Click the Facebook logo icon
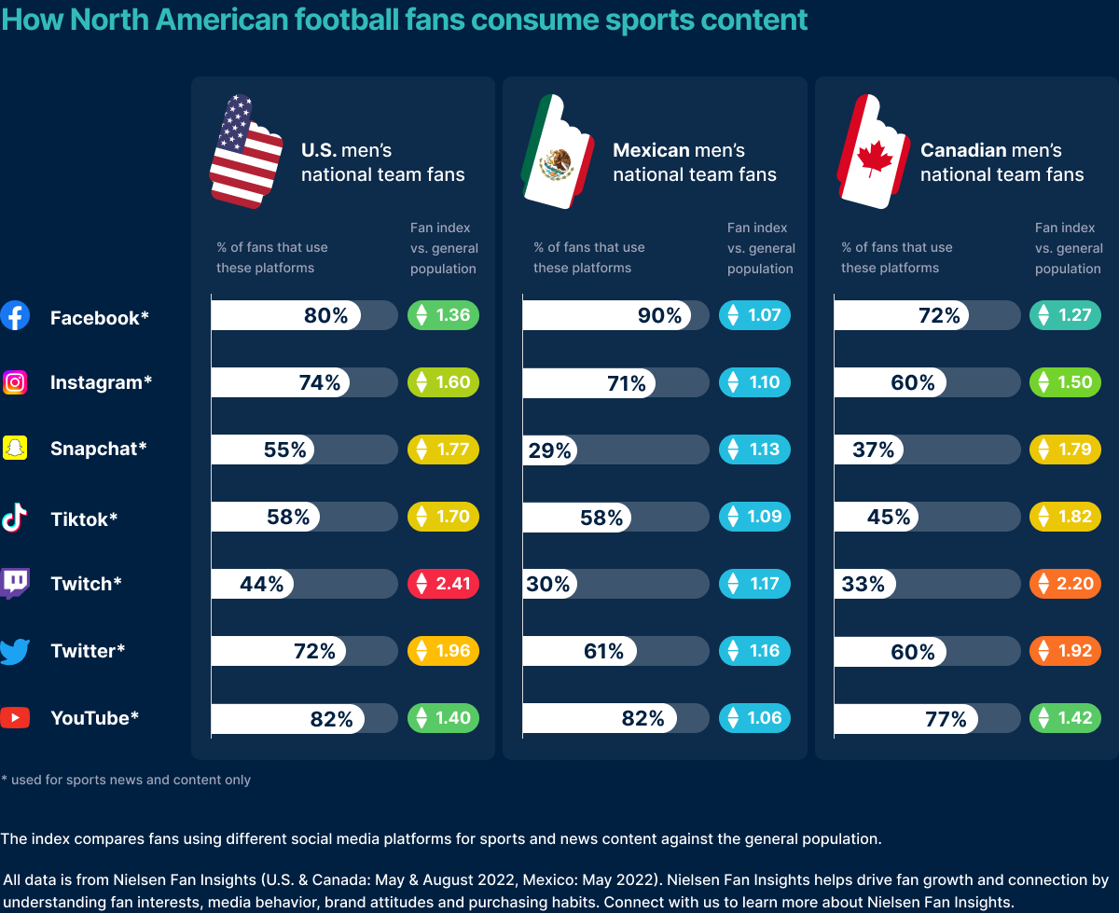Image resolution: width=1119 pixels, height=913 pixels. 15,316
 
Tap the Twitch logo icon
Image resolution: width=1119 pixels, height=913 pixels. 15,583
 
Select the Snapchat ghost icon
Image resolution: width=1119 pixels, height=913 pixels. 15,448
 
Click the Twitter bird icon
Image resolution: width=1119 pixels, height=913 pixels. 15,650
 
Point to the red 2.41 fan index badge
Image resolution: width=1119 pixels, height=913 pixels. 443,584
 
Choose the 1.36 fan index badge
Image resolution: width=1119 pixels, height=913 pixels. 443,315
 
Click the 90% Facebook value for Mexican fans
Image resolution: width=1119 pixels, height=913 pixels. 659,316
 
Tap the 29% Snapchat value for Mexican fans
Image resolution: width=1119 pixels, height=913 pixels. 549,450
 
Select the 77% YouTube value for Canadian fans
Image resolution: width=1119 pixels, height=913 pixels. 946,719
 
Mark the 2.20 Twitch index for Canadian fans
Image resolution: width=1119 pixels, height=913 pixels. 1066,584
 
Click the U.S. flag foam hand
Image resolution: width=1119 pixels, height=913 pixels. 245,150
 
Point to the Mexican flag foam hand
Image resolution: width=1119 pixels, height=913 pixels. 558,150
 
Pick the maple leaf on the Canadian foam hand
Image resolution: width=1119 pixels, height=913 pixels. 875,159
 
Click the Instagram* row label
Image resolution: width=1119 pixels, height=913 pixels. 101,382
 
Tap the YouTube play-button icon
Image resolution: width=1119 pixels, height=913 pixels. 15,717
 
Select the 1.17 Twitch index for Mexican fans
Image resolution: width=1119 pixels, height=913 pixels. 754,584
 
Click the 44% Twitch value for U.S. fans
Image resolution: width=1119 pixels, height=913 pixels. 261,585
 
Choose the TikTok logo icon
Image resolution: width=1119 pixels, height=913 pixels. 15,517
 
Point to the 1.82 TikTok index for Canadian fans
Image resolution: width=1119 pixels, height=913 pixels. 1066,517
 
